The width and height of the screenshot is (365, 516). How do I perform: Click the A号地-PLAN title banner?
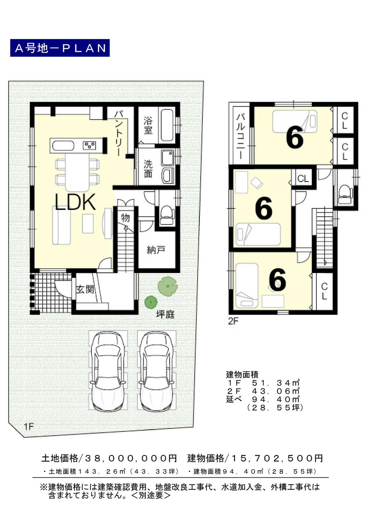[x=60, y=48]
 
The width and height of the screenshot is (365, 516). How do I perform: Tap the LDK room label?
[x=75, y=201]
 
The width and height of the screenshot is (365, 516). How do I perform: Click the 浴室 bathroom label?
[x=148, y=125]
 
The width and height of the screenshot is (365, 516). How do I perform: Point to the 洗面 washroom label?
[x=148, y=169]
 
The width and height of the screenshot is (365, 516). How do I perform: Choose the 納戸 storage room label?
[x=156, y=250]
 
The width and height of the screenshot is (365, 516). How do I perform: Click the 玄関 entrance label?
[x=85, y=289]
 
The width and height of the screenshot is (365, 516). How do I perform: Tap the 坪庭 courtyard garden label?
[x=165, y=314]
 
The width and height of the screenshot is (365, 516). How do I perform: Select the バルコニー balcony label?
[x=240, y=136]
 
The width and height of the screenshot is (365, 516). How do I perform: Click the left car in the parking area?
[x=108, y=371]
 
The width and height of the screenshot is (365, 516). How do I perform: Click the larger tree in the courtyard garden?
[x=167, y=286]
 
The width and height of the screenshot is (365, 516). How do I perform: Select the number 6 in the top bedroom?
[x=294, y=138]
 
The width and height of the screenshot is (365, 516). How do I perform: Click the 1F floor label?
[x=29, y=426]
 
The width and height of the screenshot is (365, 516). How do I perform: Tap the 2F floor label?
[x=233, y=321]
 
